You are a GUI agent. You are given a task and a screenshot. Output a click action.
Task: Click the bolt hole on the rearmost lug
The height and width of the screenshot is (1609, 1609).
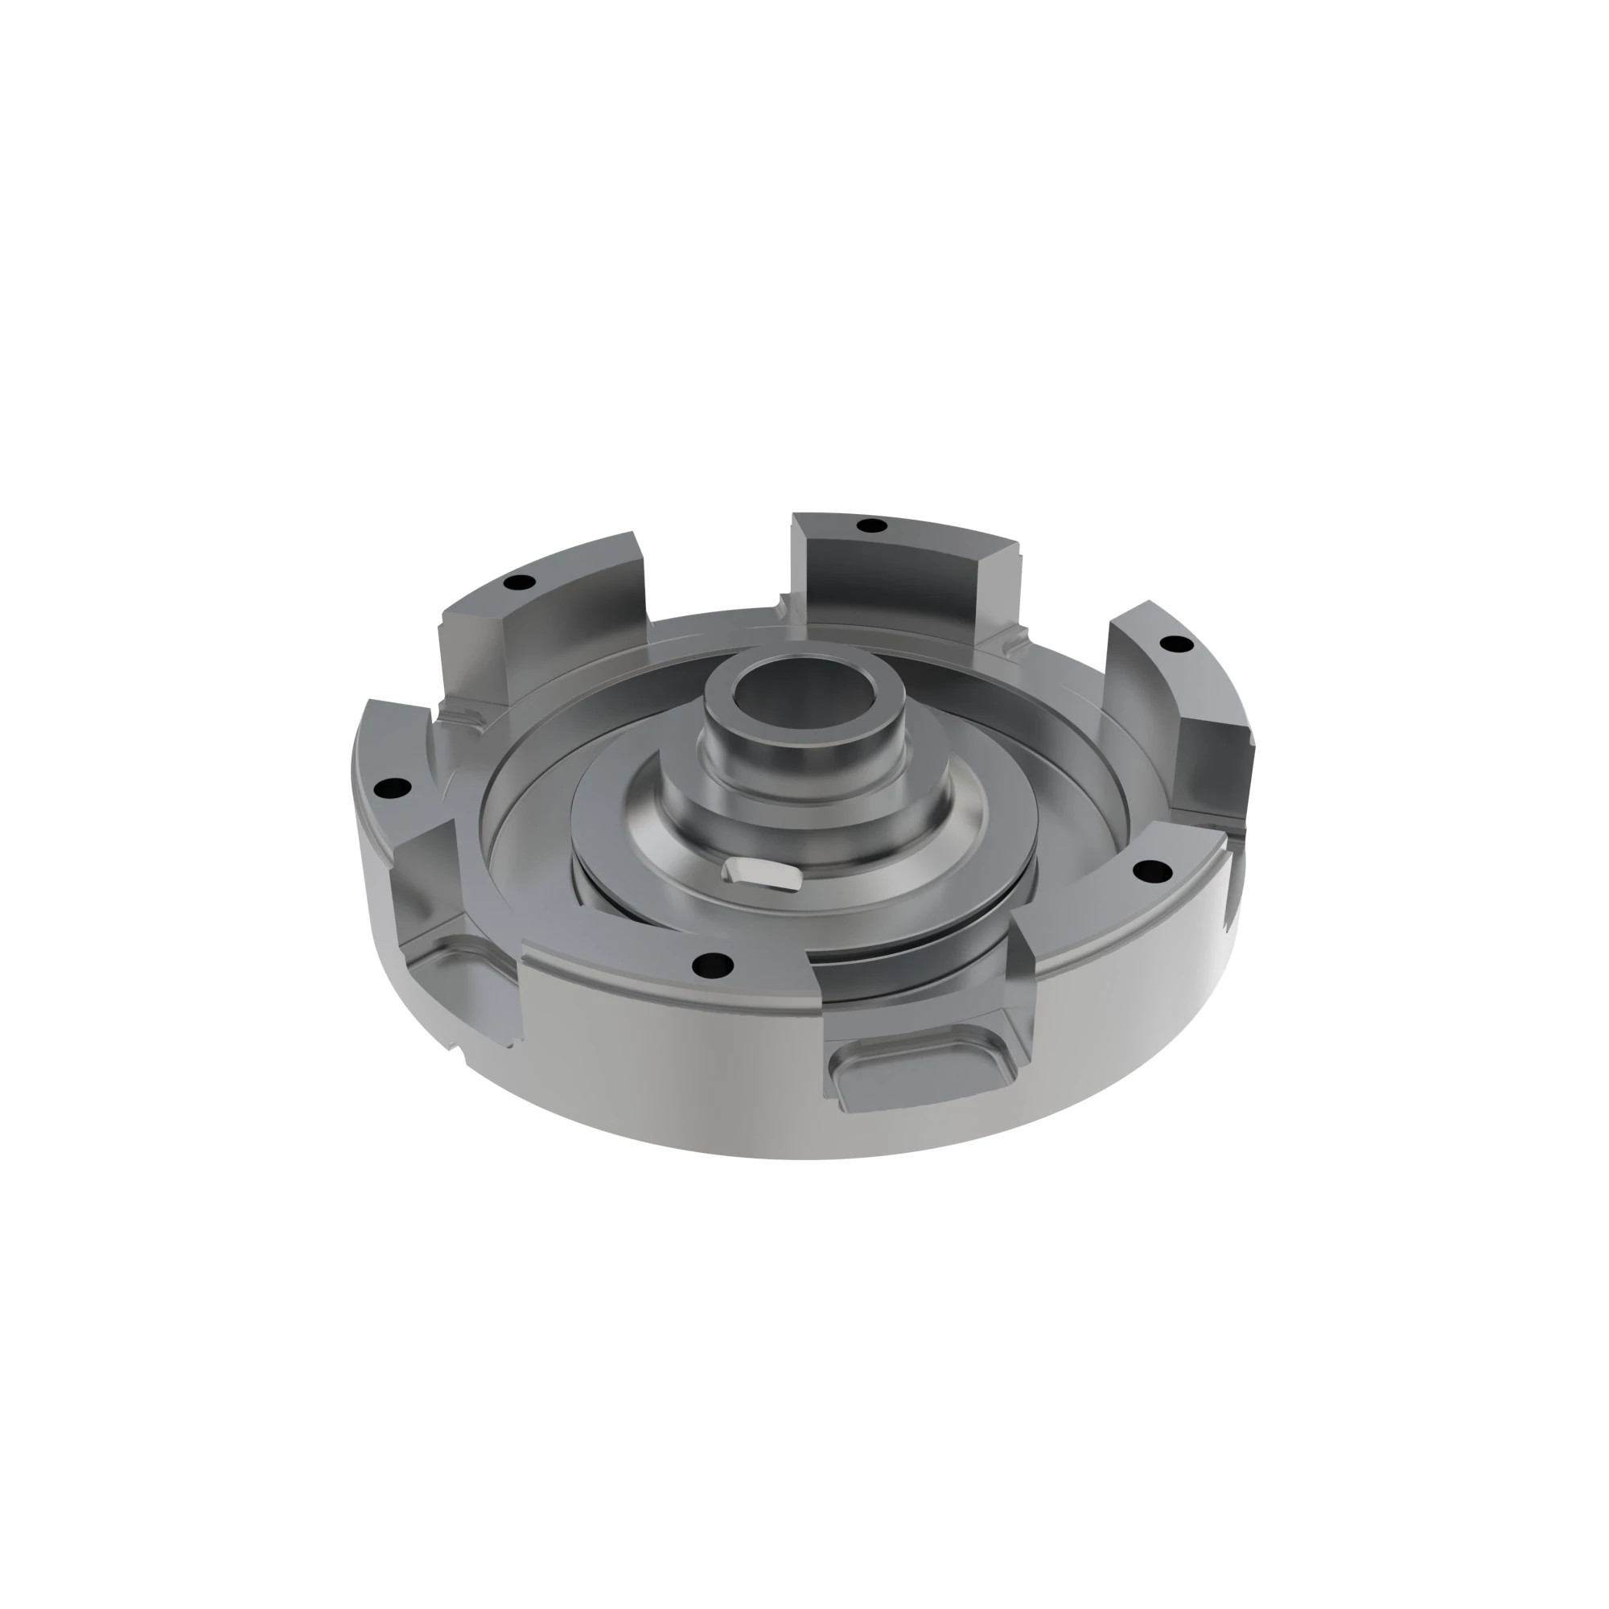[872, 525]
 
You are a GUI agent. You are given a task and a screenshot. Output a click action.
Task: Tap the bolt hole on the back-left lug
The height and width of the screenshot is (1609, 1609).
[520, 582]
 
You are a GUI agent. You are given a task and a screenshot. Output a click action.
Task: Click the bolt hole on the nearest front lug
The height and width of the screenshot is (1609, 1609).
[714, 965]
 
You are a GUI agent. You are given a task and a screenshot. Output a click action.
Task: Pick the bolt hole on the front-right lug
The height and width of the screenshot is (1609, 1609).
[1153, 871]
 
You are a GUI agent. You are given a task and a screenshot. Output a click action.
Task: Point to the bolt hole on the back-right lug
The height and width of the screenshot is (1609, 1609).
[1175, 644]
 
